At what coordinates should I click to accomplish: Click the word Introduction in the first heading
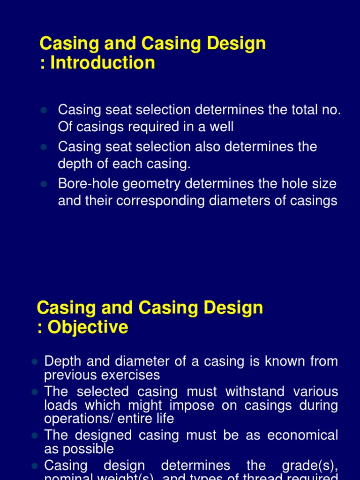pyautogui.click(x=103, y=62)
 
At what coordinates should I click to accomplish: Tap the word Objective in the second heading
pyautogui.click(x=88, y=327)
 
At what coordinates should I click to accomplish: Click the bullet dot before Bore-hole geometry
pyautogui.click(x=44, y=184)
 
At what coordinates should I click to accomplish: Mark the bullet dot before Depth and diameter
pyautogui.click(x=34, y=362)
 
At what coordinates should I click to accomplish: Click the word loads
pyautogui.click(x=61, y=405)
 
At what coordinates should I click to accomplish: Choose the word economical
pyautogui.click(x=302, y=435)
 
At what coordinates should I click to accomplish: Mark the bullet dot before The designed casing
pyautogui.click(x=34, y=436)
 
